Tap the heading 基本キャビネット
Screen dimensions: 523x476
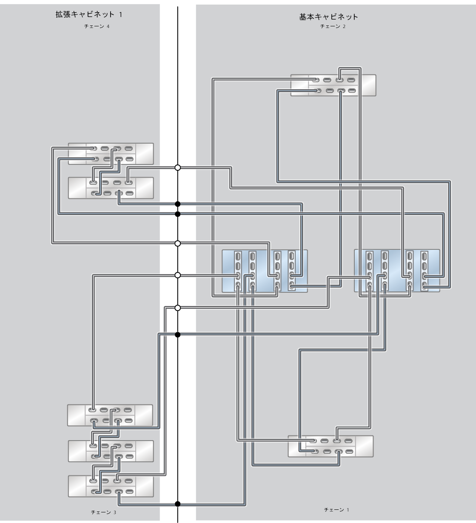[x=328, y=17]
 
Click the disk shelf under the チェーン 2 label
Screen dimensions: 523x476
[x=333, y=85]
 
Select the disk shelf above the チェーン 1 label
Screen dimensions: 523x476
[x=331, y=446]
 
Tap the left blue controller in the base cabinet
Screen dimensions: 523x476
[x=265, y=271]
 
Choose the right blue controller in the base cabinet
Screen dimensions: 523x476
[x=397, y=271]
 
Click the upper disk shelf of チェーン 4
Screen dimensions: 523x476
[x=111, y=154]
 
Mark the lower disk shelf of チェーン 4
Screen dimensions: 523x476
[x=111, y=187]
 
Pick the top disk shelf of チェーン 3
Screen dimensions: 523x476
[x=110, y=415]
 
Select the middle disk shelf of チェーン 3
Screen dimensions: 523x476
[x=111, y=451]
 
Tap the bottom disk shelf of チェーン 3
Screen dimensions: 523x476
[x=111, y=486]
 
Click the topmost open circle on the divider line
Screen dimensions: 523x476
[x=178, y=168]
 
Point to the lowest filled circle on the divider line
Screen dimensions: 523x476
[x=178, y=504]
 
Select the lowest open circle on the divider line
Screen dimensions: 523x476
[x=178, y=308]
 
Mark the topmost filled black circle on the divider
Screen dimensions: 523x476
[x=178, y=204]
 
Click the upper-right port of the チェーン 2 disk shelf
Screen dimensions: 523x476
[x=351, y=79]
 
